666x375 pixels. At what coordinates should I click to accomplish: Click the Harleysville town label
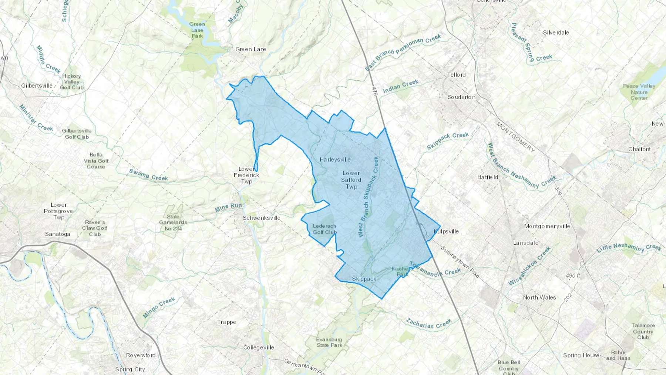tap(335, 160)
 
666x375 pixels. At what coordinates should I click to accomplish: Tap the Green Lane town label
tap(251, 49)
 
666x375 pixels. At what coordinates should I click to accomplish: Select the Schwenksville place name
tap(262, 218)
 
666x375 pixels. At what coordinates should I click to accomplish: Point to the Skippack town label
tap(364, 279)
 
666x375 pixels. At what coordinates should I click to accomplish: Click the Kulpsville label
tap(446, 231)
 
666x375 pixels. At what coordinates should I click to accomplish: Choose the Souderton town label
tap(461, 97)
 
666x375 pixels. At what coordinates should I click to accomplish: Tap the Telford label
tap(457, 75)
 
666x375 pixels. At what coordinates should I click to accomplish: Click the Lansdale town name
tap(526, 243)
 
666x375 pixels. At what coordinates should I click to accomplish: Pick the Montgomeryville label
tap(547, 226)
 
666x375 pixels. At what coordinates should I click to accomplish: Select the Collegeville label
tap(259, 348)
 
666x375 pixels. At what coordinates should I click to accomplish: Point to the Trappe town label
tap(227, 322)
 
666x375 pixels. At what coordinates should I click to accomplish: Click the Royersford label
tap(141, 355)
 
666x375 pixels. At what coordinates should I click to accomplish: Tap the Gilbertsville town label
tap(37, 86)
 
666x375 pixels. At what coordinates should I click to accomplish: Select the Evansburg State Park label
tap(329, 342)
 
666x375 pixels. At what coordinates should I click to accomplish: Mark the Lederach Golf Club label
tap(324, 229)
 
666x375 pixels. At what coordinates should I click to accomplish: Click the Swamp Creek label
tap(148, 175)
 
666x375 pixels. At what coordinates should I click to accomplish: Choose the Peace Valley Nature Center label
tap(639, 92)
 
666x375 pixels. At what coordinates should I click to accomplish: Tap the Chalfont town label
tap(639, 149)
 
